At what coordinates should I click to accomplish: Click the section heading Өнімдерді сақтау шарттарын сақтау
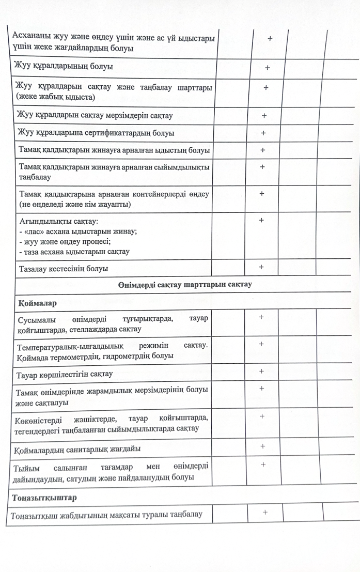tap(185, 284)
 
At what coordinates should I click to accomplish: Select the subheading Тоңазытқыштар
tap(44, 498)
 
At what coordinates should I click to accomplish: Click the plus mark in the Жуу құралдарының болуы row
tap(268, 68)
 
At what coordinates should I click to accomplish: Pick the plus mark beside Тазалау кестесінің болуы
tap(261, 267)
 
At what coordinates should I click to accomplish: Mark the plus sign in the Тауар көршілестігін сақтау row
tap(261, 371)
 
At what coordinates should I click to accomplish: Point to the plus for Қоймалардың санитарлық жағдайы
tap(262, 446)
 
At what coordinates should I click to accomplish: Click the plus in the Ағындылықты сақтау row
tap(261, 220)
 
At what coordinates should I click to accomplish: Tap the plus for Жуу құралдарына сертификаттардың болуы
tap(263, 133)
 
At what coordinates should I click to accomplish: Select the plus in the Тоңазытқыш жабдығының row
tap(265, 512)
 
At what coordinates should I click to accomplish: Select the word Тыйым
tap(29, 467)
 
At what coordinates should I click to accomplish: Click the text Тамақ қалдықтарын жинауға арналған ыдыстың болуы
tap(114, 150)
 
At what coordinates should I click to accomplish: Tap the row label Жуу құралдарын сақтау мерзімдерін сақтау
tap(95, 115)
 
